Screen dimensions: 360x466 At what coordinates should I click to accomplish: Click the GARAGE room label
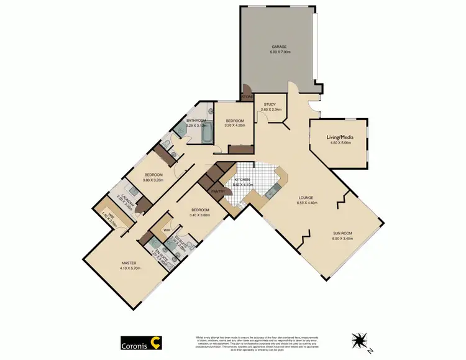278,47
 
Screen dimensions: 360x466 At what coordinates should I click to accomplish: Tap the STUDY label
270,104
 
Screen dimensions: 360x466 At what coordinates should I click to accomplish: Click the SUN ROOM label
342,233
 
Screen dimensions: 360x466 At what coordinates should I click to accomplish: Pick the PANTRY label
218,192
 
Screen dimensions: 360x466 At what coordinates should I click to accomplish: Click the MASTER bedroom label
129,263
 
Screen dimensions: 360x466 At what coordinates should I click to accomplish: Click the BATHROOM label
196,121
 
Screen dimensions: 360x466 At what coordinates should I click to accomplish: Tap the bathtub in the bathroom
208,132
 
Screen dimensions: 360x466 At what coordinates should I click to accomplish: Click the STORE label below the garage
247,98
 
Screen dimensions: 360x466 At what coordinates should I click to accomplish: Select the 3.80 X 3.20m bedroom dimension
153,180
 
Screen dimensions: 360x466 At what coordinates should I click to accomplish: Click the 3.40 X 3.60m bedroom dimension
201,215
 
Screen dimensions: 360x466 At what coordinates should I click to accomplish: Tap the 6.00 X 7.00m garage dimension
278,52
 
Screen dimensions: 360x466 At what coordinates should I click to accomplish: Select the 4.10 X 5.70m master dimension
129,268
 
